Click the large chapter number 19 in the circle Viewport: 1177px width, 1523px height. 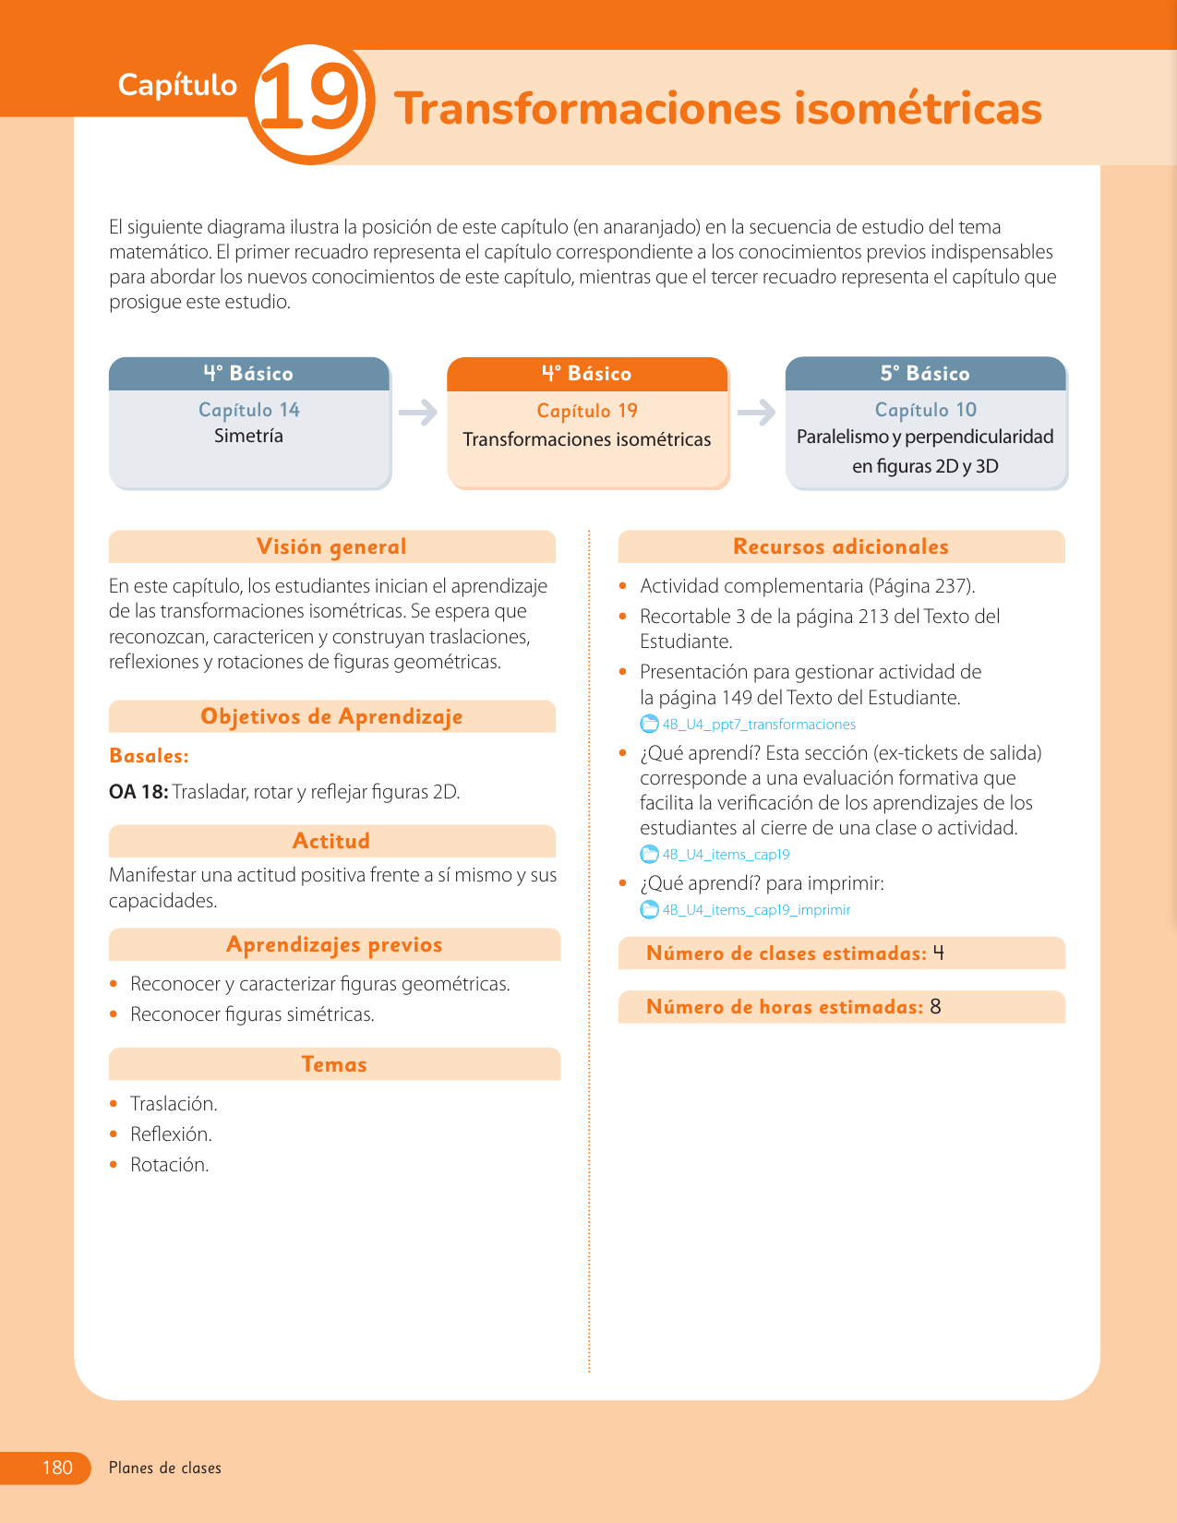309,102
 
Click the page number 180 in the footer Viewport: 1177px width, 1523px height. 57,1468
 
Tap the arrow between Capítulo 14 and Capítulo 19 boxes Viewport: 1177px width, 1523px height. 418,412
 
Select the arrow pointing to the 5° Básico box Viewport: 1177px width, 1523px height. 757,412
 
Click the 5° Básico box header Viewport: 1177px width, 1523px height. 925,374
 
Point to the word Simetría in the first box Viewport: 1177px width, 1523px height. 248,436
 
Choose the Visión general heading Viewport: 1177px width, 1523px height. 331,546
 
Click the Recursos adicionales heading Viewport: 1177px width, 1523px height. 840,546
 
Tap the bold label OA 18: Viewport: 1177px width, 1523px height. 138,792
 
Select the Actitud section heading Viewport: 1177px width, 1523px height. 331,841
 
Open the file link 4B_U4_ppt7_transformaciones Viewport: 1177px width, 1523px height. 759,725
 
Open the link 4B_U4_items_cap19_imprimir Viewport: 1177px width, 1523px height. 756,910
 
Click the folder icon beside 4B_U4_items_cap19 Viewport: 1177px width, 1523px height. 650,855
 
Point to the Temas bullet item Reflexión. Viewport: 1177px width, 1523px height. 171,1134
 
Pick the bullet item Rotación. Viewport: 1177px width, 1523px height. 169,1165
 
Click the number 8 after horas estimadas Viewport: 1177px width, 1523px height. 935,1007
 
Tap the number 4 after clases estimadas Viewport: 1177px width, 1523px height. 939,953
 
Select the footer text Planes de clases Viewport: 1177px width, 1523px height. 165,1468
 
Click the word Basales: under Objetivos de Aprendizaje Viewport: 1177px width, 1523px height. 149,756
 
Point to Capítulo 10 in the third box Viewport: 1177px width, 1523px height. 925,410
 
